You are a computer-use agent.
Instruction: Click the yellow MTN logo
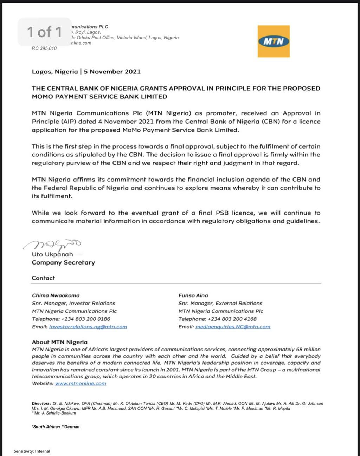point(274,41)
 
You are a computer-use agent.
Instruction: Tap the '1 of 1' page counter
point(45,32)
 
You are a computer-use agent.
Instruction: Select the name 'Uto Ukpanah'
point(52,254)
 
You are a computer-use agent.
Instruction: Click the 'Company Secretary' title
point(63,262)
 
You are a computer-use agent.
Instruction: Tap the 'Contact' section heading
point(43,278)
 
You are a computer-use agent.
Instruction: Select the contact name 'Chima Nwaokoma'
point(56,295)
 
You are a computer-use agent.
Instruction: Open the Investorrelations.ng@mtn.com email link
point(88,327)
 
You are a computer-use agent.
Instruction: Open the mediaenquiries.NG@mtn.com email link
point(233,327)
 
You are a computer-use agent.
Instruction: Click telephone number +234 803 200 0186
point(85,319)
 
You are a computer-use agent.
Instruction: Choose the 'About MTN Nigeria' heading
point(59,342)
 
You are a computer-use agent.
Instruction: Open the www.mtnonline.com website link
point(81,383)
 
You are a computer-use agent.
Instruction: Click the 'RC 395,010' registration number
point(44,48)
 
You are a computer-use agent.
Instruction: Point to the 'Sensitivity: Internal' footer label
point(32,451)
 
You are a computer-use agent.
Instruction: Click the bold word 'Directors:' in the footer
point(41,404)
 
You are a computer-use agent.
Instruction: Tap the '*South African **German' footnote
point(56,427)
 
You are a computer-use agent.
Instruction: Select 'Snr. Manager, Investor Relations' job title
point(73,303)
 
